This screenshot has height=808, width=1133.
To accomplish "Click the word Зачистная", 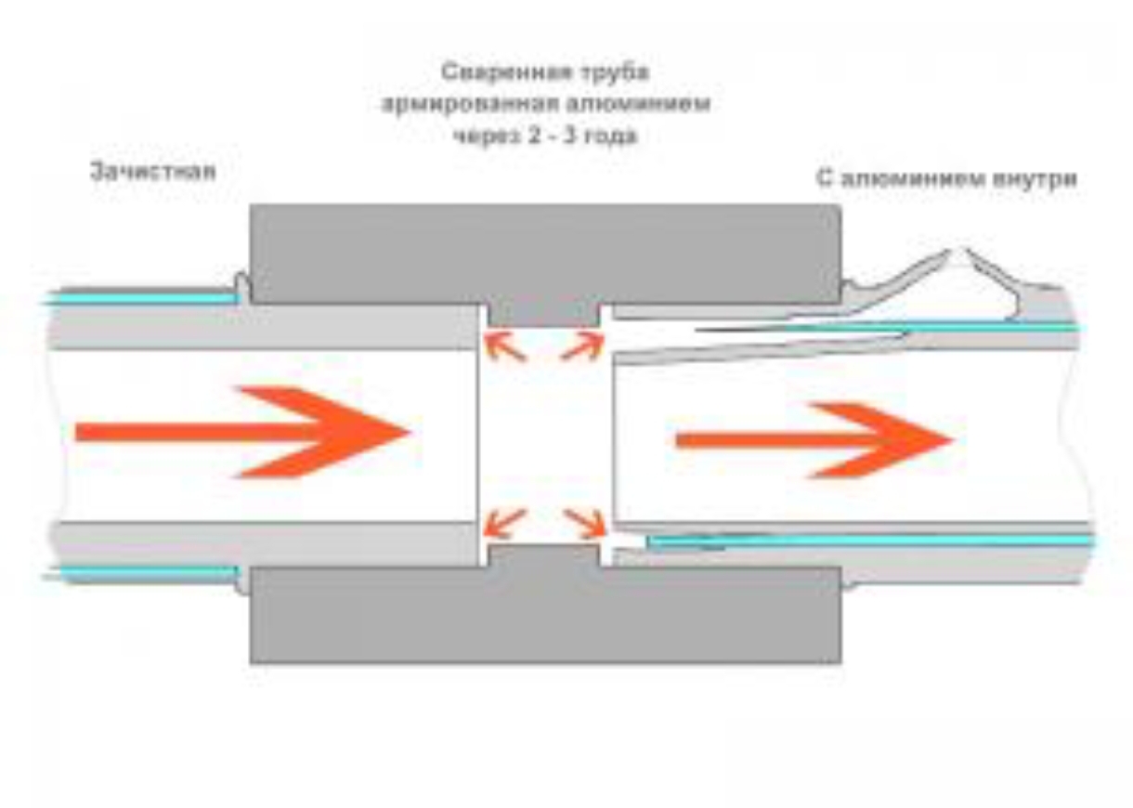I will point(153,172).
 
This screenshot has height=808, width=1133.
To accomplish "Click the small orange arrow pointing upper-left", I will point(504,347).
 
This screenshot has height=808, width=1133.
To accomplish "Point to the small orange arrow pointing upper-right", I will point(582,347).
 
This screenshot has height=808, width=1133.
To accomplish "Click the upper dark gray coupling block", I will point(545,253).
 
